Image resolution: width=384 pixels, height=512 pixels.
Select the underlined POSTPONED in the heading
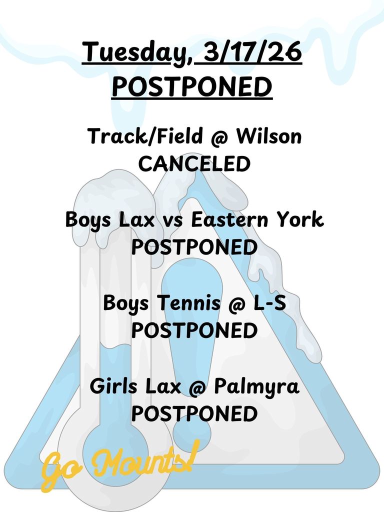[192, 86]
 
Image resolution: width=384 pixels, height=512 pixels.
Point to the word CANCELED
[194, 164]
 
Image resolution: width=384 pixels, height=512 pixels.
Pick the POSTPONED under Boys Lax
[194, 247]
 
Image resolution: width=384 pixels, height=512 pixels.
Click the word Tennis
[188, 303]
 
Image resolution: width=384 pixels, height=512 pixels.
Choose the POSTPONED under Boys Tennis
[194, 330]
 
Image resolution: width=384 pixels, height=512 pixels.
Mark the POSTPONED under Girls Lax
[194, 414]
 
